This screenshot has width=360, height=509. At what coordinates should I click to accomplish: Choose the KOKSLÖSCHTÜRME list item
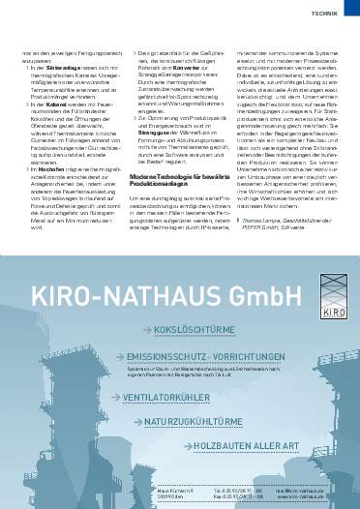coord(196,356)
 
